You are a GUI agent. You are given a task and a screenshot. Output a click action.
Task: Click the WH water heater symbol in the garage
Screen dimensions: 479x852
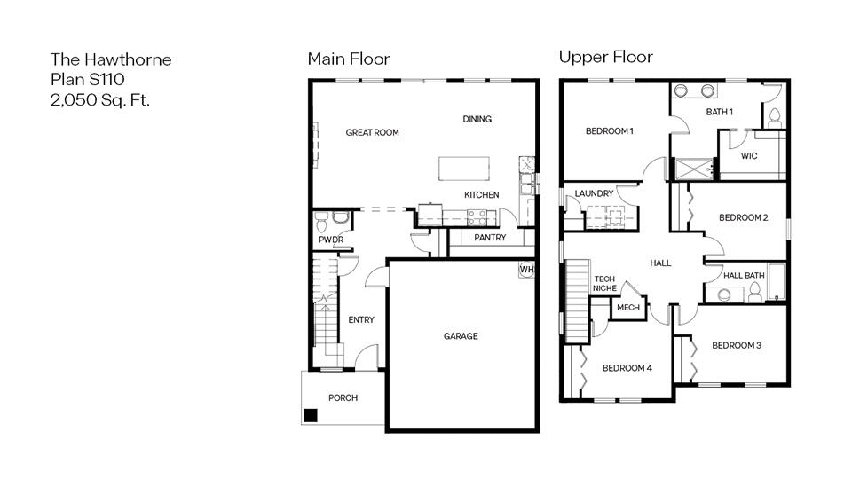click(x=526, y=270)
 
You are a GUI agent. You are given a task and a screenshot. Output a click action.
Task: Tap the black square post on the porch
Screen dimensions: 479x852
click(x=311, y=414)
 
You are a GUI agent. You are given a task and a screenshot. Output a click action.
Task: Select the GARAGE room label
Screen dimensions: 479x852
click(x=461, y=336)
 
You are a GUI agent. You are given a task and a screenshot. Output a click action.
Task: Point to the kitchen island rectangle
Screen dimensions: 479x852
click(x=464, y=169)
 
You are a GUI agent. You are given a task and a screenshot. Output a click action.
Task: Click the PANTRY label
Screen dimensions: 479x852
click(x=490, y=238)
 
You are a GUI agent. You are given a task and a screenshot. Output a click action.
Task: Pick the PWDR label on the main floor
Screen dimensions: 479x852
click(x=331, y=240)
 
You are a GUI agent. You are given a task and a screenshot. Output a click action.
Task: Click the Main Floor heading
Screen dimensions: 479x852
click(x=348, y=59)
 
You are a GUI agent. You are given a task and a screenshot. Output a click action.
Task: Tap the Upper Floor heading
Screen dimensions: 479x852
click(x=605, y=58)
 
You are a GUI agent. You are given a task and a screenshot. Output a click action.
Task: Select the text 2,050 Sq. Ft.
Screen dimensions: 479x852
click(x=100, y=99)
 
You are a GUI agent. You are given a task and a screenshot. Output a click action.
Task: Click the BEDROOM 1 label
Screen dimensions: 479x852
click(x=609, y=131)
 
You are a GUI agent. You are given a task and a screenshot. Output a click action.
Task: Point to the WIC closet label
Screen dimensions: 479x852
click(x=749, y=156)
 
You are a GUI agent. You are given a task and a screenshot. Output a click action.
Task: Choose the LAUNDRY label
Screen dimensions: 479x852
click(x=594, y=193)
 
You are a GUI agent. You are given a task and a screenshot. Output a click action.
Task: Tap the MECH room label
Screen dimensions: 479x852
click(x=628, y=308)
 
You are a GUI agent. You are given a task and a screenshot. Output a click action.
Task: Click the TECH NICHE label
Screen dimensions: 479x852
click(x=604, y=284)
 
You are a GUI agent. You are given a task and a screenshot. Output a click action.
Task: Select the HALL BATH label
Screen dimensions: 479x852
click(x=744, y=276)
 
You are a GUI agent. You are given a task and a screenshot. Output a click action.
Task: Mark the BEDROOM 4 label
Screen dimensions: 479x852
click(x=627, y=368)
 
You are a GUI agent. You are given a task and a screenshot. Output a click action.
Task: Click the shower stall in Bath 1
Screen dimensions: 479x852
click(x=694, y=169)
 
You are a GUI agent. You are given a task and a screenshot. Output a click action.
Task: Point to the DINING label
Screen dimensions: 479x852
click(x=477, y=119)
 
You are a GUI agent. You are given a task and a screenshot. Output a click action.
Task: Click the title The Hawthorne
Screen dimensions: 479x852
click(x=111, y=59)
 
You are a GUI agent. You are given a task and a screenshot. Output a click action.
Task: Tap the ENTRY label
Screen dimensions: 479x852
click(x=361, y=320)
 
